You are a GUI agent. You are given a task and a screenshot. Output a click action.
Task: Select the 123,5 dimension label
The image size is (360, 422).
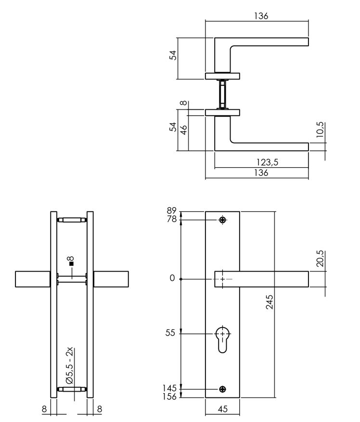click(268, 163)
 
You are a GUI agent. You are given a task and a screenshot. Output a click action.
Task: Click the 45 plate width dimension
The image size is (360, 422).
click(222, 409)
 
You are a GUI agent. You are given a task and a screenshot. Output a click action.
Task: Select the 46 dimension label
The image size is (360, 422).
click(183, 131)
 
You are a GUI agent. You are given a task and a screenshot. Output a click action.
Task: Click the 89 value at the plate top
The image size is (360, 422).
click(171, 211)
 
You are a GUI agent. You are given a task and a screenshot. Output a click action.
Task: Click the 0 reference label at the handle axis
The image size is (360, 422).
click(172, 278)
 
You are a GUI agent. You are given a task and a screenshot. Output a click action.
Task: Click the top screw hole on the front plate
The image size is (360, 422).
click(222, 220)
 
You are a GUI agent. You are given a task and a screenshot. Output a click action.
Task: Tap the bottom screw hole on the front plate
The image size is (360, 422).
click(222, 389)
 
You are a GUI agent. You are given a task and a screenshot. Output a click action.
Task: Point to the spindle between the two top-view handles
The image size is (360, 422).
click(222, 94)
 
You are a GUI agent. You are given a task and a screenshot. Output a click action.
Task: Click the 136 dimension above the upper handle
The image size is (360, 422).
click(260, 16)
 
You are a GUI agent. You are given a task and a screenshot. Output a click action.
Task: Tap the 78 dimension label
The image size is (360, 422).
click(171, 220)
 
